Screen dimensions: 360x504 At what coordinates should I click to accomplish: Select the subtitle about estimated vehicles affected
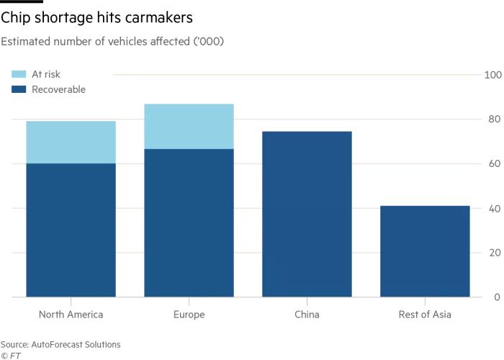pos(113,41)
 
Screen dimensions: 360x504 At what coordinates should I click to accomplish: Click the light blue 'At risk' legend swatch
pos(19,74)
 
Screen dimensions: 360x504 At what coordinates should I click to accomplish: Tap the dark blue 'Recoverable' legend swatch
pos(19,89)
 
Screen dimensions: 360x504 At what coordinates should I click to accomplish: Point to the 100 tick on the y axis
pos(492,75)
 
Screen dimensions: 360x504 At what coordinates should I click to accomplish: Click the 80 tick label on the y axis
pos(495,120)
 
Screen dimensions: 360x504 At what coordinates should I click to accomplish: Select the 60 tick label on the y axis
pos(495,164)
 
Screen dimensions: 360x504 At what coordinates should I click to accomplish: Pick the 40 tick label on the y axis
pos(495,209)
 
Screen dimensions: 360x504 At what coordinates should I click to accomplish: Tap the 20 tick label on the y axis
pos(495,253)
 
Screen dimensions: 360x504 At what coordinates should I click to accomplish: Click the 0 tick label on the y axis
pos(497,297)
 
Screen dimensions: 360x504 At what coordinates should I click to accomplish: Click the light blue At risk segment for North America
pos(71,143)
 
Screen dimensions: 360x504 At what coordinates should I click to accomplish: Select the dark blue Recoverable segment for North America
pos(71,230)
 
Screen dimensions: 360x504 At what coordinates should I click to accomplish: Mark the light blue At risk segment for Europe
pos(189,127)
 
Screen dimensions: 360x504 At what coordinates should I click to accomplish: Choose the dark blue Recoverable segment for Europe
pos(189,223)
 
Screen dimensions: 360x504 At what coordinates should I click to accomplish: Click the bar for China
pos(307,214)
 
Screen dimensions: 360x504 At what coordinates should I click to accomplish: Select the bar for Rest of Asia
pos(425,251)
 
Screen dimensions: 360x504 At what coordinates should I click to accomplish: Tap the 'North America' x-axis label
pos(71,315)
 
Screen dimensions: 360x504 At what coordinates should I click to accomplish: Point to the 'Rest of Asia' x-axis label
pos(425,315)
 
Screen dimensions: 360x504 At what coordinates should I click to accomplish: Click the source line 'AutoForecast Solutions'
pos(60,344)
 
